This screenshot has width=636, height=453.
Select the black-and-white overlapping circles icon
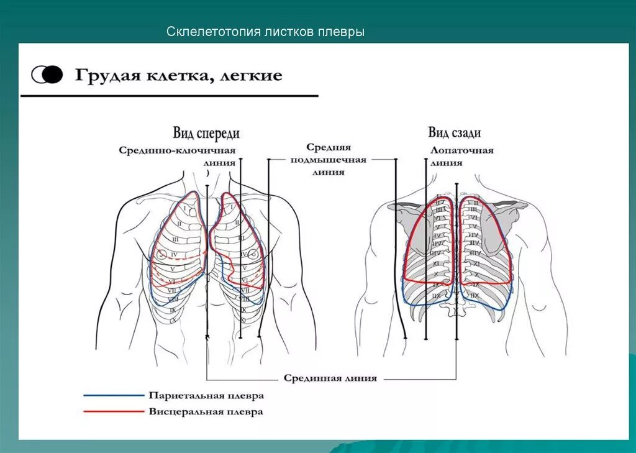47,75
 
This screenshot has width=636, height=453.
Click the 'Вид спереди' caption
206,134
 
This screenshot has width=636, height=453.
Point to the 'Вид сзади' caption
454,133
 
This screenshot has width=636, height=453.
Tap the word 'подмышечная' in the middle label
329,160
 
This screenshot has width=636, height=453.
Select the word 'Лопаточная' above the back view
461,150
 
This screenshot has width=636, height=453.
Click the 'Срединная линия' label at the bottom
330,378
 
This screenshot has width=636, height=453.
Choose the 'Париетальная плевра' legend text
206,396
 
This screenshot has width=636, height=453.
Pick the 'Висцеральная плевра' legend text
206,411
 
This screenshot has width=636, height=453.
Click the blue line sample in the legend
112,395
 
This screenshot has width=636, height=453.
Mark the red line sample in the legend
112,411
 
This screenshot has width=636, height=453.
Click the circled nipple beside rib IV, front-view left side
162,254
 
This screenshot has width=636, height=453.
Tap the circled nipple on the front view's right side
252,254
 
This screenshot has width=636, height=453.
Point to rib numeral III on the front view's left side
176,239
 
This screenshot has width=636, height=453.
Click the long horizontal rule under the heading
169,96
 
